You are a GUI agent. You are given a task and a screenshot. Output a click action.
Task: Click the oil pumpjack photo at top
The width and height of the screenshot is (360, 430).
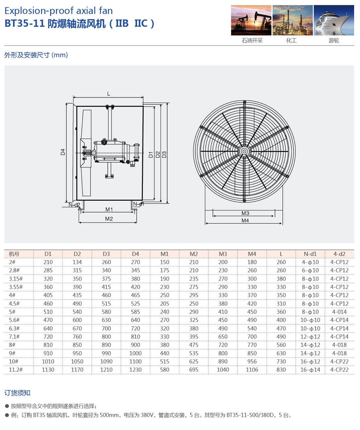251,20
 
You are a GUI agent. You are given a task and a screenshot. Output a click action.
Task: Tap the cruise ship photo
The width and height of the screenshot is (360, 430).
333,20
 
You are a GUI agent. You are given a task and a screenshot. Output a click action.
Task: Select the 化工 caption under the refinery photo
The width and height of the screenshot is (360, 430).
291,41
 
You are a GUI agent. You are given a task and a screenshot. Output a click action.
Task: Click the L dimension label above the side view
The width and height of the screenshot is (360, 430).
109,94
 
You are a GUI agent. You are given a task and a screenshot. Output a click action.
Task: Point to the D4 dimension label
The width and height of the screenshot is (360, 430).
63,152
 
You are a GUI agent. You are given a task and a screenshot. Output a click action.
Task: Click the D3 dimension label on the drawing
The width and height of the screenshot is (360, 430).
164,154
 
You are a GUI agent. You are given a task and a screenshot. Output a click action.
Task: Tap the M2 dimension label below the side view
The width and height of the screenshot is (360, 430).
109,219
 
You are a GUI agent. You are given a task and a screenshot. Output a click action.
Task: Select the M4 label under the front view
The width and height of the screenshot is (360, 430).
245,221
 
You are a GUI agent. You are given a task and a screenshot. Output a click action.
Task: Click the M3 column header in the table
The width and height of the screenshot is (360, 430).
223,254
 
